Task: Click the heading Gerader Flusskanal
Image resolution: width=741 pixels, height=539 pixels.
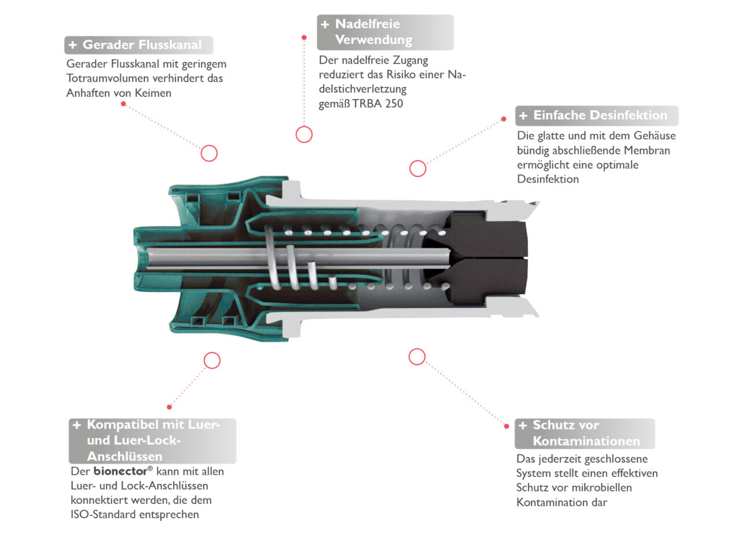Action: tap(142, 45)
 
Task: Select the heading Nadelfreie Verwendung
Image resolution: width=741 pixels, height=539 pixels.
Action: tap(373, 32)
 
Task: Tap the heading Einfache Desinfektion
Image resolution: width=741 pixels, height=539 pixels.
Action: tap(600, 115)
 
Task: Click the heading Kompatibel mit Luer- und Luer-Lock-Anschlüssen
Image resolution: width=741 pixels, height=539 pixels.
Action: tap(153, 441)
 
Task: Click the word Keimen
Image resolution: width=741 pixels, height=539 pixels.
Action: tap(153, 93)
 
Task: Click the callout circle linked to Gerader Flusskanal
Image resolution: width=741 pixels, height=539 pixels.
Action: tap(209, 153)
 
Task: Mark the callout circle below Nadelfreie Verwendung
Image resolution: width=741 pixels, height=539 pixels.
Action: tap(304, 134)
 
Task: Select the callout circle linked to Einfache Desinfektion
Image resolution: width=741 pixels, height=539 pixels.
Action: tap(417, 168)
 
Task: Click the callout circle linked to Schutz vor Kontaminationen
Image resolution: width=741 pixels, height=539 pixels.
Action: tap(417, 357)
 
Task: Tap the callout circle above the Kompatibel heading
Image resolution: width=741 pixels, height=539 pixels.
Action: tap(212, 361)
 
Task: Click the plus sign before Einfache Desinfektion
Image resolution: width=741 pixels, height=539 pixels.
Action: tap(523, 116)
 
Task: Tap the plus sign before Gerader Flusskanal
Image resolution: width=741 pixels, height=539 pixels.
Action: tap(72, 45)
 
